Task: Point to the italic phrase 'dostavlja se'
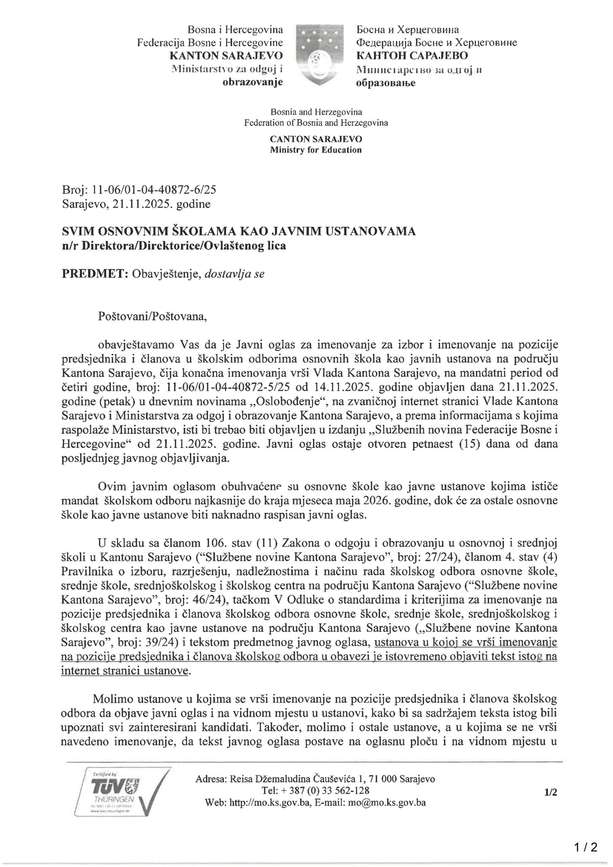coord(234,273)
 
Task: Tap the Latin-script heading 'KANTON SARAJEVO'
coord(226,56)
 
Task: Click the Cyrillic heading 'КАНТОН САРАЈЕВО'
coord(412,56)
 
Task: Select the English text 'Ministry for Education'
coord(315,150)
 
